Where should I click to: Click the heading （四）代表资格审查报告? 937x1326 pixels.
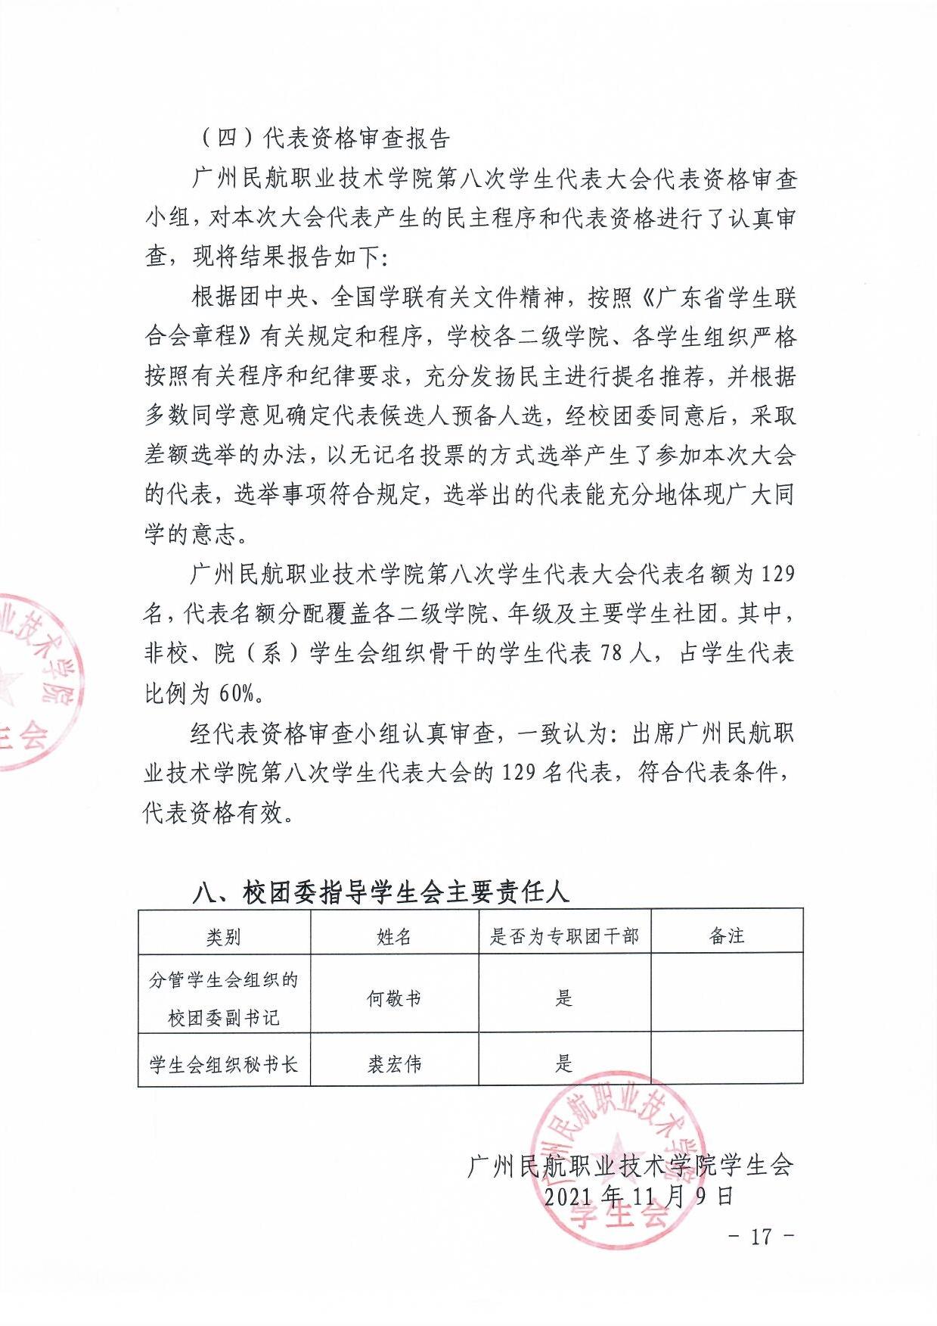(325, 139)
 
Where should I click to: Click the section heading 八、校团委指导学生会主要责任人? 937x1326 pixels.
(380, 892)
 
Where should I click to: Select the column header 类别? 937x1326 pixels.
(224, 936)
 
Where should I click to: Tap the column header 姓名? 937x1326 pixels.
(394, 936)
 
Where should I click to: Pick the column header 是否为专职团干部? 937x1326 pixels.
(564, 936)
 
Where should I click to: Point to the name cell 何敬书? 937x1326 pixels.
(394, 998)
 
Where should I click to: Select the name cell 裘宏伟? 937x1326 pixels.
(394, 1063)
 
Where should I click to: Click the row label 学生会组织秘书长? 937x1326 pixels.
(224, 1063)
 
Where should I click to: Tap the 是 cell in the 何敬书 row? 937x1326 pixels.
(564, 998)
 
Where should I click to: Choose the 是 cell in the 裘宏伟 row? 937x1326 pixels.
(564, 1063)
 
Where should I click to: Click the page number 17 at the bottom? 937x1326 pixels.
(761, 1236)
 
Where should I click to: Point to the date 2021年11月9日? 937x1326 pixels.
(639, 1196)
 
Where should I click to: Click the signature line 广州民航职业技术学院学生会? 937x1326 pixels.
(630, 1166)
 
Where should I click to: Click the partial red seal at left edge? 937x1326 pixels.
(34, 681)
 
